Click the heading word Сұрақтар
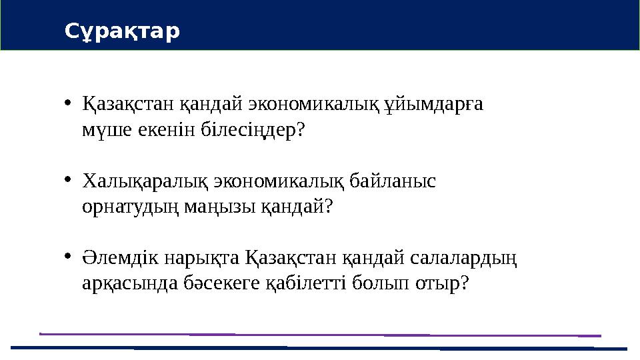point(122,31)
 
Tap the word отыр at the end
point(442,283)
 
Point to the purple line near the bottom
point(320,334)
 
